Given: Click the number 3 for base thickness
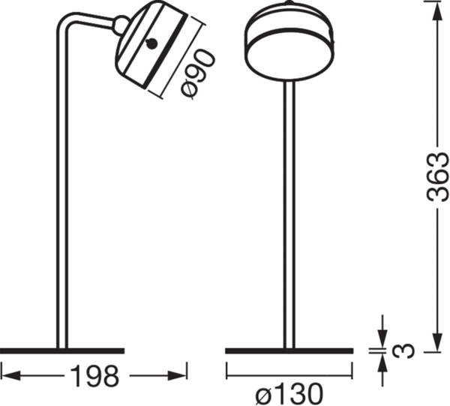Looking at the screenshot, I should click(x=406, y=350).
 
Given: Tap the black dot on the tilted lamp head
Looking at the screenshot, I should click(x=152, y=44).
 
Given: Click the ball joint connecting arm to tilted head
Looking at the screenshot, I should click(x=118, y=26).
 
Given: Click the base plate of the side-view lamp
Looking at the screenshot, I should click(x=61, y=350).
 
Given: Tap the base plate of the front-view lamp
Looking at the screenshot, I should click(x=289, y=350).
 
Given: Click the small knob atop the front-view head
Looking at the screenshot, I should click(x=289, y=5).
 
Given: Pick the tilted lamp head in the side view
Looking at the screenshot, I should click(x=154, y=49).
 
